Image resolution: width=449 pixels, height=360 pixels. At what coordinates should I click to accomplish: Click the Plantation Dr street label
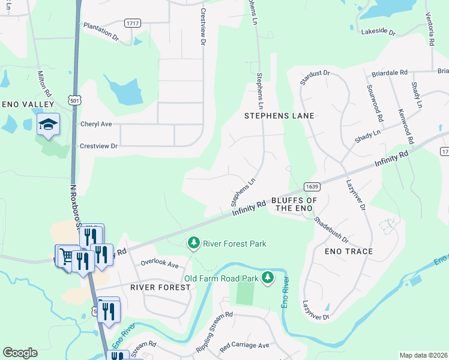101,31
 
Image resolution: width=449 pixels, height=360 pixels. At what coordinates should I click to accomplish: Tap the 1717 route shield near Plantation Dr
133,23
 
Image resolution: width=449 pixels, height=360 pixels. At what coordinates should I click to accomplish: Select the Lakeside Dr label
377,31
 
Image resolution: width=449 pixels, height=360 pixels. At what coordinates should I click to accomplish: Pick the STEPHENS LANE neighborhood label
279,115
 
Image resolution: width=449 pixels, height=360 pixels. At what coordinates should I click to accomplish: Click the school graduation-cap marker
48,124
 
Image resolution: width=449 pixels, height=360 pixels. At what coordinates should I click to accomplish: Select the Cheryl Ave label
96,124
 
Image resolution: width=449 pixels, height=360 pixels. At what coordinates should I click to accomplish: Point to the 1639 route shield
311,187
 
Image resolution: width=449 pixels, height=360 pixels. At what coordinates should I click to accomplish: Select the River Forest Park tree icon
193,243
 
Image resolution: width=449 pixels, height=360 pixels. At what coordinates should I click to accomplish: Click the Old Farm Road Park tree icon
268,277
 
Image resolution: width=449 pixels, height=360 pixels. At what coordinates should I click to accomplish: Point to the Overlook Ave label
160,263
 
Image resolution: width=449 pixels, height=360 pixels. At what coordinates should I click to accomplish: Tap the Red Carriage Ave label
244,346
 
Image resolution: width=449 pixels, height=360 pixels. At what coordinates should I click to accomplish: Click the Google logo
20,353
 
